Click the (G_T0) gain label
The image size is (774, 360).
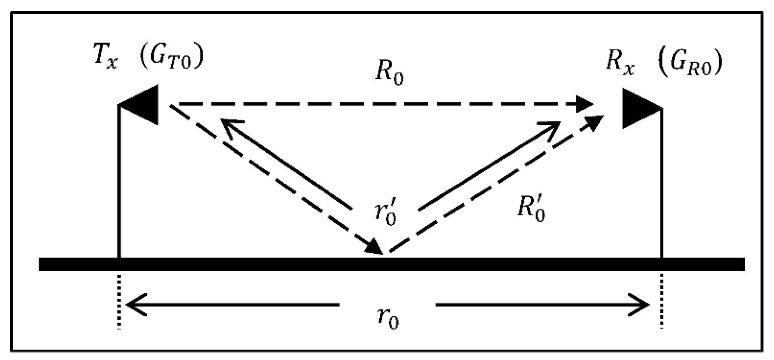tap(171, 57)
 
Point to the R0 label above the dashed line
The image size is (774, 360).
tap(389, 75)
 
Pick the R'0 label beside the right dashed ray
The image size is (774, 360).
tap(531, 211)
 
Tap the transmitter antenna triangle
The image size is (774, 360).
tap(142, 105)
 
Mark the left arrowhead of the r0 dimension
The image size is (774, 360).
tap(135, 305)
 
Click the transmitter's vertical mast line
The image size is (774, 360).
tap(119, 183)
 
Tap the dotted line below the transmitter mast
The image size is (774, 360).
tap(120, 301)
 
